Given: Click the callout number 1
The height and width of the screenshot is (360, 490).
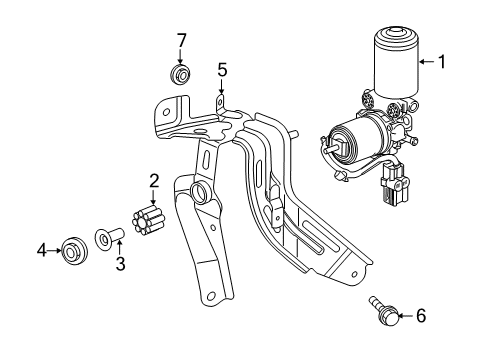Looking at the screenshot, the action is tap(442, 62).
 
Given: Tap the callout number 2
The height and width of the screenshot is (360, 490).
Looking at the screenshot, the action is tap(154, 181).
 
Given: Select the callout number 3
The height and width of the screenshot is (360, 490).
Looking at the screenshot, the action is tap(120, 264).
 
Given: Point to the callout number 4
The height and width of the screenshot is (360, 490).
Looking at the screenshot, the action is tap(42, 250).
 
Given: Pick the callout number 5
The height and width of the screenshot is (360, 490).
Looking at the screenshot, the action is tap(222, 71).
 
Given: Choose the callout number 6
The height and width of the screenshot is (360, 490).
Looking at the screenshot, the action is tap(421, 315).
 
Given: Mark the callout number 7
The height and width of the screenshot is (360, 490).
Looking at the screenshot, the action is tap(181, 41).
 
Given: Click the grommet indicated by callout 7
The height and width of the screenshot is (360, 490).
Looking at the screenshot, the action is tap(180, 75).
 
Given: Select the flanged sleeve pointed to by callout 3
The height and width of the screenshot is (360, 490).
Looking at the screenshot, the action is tap(110, 237).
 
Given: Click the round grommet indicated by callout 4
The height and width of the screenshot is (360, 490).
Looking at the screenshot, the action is tap(74, 250).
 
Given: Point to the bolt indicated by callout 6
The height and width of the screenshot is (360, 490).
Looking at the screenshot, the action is tap(384, 310).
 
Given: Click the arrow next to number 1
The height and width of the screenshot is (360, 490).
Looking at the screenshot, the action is tap(427, 62).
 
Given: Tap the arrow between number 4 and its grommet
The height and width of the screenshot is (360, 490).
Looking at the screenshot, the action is tap(55, 250).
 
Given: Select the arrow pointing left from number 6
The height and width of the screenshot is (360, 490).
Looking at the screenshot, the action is tap(407, 315).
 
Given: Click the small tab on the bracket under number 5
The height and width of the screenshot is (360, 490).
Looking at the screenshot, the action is tap(220, 102).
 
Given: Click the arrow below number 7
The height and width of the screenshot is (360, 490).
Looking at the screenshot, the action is tap(180, 57).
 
